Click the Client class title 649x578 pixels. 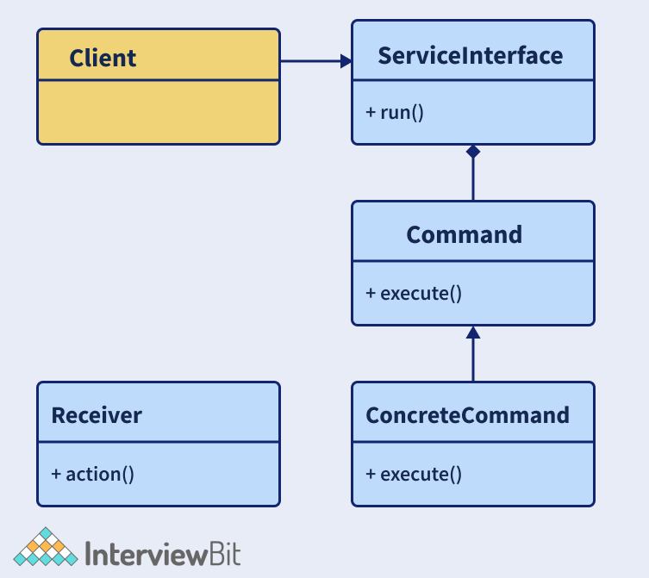[103, 58]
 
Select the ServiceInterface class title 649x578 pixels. [471, 56]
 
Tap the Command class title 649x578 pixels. [464, 234]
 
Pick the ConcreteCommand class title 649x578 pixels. [468, 415]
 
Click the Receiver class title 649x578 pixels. [97, 415]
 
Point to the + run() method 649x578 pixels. [395, 112]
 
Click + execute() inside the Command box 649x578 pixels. [414, 293]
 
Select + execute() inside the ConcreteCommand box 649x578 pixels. [414, 474]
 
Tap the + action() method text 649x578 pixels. [92, 474]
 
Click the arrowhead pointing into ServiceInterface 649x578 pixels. [346, 61]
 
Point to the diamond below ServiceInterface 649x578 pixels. [472, 152]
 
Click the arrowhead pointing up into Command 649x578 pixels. [472, 333]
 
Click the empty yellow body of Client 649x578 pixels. [158, 112]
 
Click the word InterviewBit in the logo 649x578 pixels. [164, 551]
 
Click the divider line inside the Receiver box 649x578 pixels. [158, 442]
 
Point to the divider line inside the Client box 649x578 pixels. [158, 81]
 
